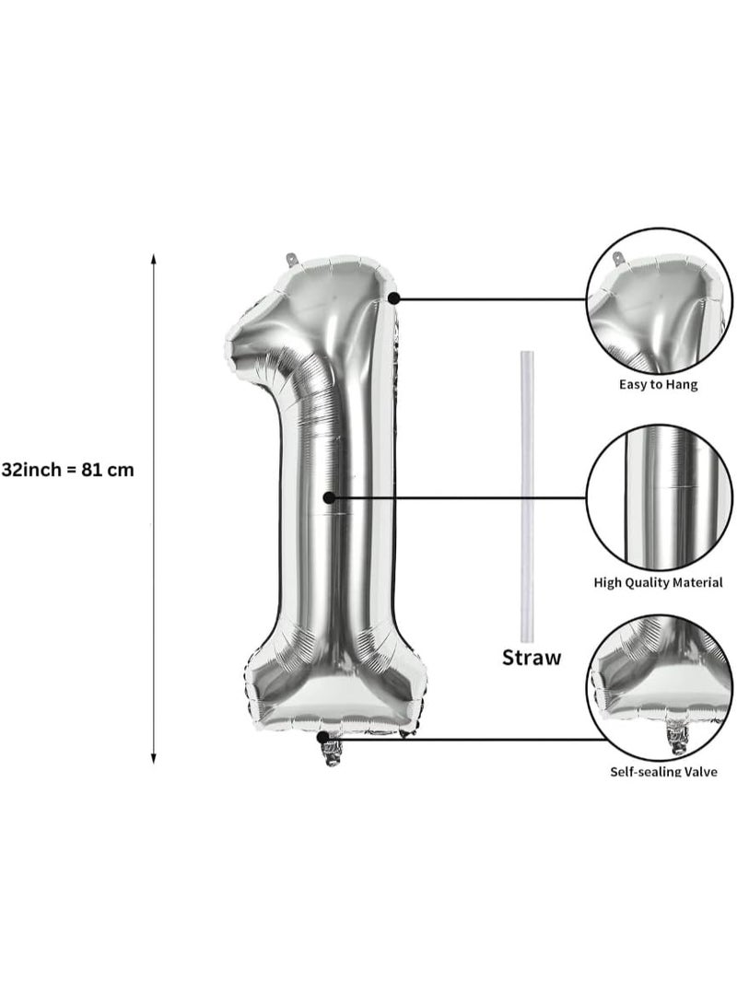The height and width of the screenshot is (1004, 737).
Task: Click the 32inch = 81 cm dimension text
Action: pyautogui.click(x=68, y=470)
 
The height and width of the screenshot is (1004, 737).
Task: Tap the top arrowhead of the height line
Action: pyautogui.click(x=153, y=258)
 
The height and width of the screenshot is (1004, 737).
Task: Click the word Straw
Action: pyautogui.click(x=532, y=658)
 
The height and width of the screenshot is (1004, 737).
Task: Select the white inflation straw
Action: pyautogui.click(x=526, y=496)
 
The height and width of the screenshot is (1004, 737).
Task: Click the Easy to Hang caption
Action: pyautogui.click(x=658, y=385)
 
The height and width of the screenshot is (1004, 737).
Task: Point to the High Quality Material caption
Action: pyautogui.click(x=658, y=583)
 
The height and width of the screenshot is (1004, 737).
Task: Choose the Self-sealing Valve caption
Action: pyautogui.click(x=663, y=772)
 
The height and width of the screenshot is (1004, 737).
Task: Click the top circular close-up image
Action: pyautogui.click(x=660, y=299)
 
